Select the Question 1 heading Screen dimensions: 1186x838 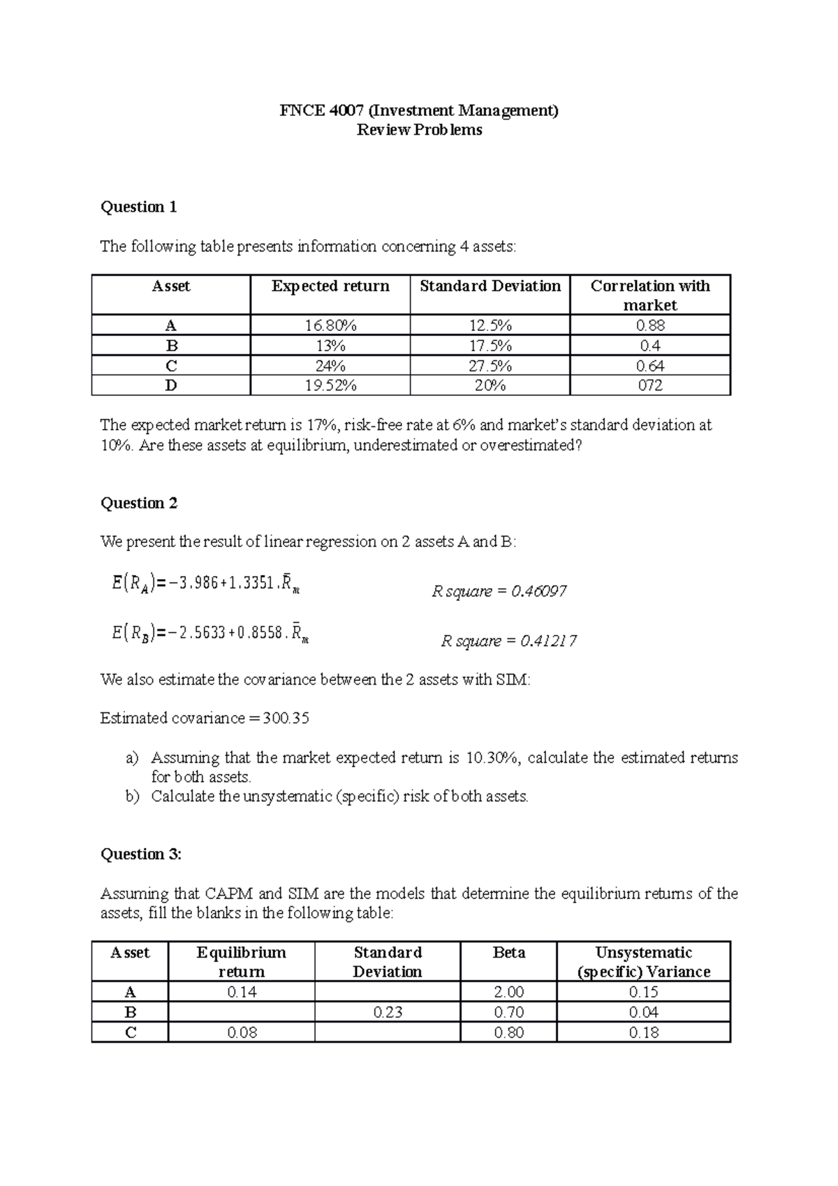[138, 207]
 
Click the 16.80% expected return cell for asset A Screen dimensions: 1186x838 [330, 325]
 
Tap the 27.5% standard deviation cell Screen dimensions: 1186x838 [490, 366]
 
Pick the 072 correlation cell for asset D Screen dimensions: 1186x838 [649, 386]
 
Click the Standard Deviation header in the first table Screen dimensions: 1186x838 [490, 286]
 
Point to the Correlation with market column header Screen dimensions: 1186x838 [649, 295]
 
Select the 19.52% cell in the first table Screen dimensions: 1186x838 [330, 386]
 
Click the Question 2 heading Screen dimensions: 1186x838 [139, 503]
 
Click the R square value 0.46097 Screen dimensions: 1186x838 [538, 592]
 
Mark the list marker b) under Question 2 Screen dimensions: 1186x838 [133, 796]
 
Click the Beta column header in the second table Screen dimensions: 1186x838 [508, 953]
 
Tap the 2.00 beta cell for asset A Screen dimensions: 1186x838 [508, 992]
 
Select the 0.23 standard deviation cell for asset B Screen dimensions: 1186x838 [387, 1012]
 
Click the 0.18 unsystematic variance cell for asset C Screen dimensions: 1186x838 [643, 1032]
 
